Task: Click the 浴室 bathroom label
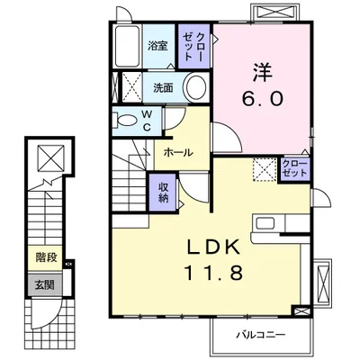[x=157, y=46]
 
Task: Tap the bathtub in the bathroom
[x=128, y=47]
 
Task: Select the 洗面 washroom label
[x=163, y=88]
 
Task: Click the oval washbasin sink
[x=196, y=87]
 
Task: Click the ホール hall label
[x=178, y=153]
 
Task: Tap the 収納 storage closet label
[x=163, y=193]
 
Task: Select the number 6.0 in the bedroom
[x=263, y=99]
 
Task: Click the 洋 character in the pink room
[x=263, y=72]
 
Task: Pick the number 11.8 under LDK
[x=214, y=273]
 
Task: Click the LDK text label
[x=214, y=247]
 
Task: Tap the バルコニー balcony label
[x=260, y=334]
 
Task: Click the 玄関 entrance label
[x=45, y=284]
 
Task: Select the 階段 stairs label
[x=46, y=256]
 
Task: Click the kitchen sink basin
[x=265, y=223]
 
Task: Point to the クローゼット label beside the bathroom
[x=193, y=47]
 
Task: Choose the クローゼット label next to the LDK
[x=295, y=168]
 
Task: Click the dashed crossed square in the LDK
[x=265, y=169]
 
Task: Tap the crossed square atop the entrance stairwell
[x=51, y=157]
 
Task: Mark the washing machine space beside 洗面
[x=132, y=87]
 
